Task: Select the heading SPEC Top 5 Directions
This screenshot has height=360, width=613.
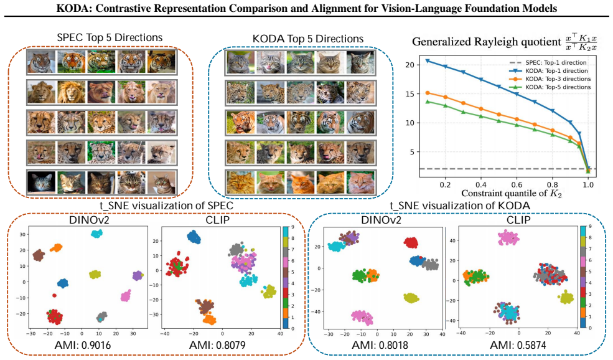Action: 110,38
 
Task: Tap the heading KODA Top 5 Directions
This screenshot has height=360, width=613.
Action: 308,39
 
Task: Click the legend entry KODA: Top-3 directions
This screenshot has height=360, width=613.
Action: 558,79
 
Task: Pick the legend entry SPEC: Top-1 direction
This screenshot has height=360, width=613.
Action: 556,63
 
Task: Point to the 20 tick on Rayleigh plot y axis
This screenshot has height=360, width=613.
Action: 409,65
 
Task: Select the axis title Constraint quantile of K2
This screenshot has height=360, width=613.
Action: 512,194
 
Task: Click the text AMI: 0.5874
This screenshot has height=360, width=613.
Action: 518,345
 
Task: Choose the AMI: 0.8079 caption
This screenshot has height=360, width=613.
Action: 217,345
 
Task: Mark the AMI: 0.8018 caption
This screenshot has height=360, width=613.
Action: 380,345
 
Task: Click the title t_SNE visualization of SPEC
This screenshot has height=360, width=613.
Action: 167,206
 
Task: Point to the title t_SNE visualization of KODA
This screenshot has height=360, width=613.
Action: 460,206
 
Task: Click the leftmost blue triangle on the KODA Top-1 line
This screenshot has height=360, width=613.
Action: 428,61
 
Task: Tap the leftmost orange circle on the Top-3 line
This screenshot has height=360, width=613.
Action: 428,93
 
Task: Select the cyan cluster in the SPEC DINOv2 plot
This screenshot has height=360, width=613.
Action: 96,234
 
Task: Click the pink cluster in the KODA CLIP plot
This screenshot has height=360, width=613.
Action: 508,237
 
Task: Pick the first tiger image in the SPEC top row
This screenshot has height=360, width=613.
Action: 41,62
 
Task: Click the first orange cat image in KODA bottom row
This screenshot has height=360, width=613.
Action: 240,182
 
